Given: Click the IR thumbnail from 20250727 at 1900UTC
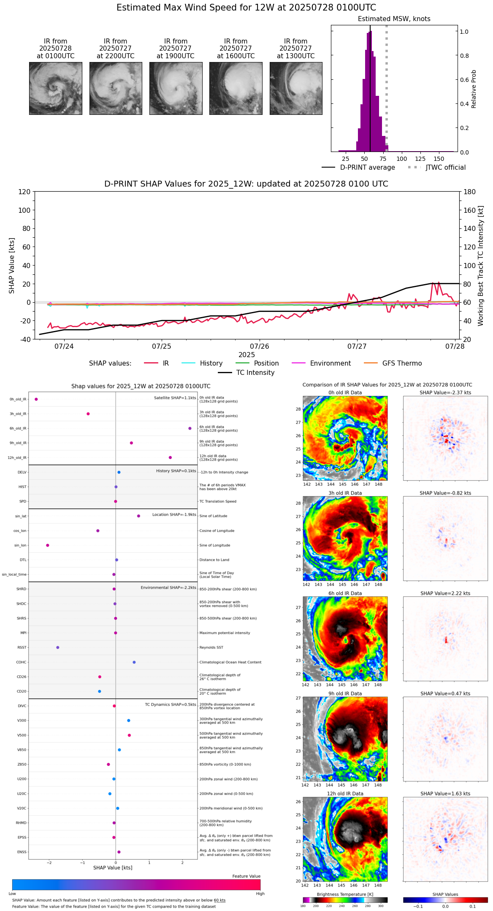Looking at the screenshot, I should [x=176, y=88].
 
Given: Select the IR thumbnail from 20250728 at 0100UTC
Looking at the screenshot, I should [x=56, y=88].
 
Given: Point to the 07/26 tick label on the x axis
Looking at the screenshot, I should [x=260, y=346].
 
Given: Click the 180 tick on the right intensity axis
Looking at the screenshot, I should [x=469, y=192].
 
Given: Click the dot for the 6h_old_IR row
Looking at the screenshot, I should [x=190, y=428].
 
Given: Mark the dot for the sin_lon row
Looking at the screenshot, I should [x=48, y=545].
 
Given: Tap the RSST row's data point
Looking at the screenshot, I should [x=58, y=648].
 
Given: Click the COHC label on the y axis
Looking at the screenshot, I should [x=21, y=662].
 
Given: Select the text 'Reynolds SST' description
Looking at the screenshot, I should [x=211, y=648].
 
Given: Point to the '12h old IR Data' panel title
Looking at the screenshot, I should [x=345, y=794].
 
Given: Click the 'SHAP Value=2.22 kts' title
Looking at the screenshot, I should [x=445, y=593].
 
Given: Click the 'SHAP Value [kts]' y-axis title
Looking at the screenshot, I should [x=12, y=266].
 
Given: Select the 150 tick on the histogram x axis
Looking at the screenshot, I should [x=439, y=159].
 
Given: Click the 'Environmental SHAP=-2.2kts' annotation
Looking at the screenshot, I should [x=168, y=588].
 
